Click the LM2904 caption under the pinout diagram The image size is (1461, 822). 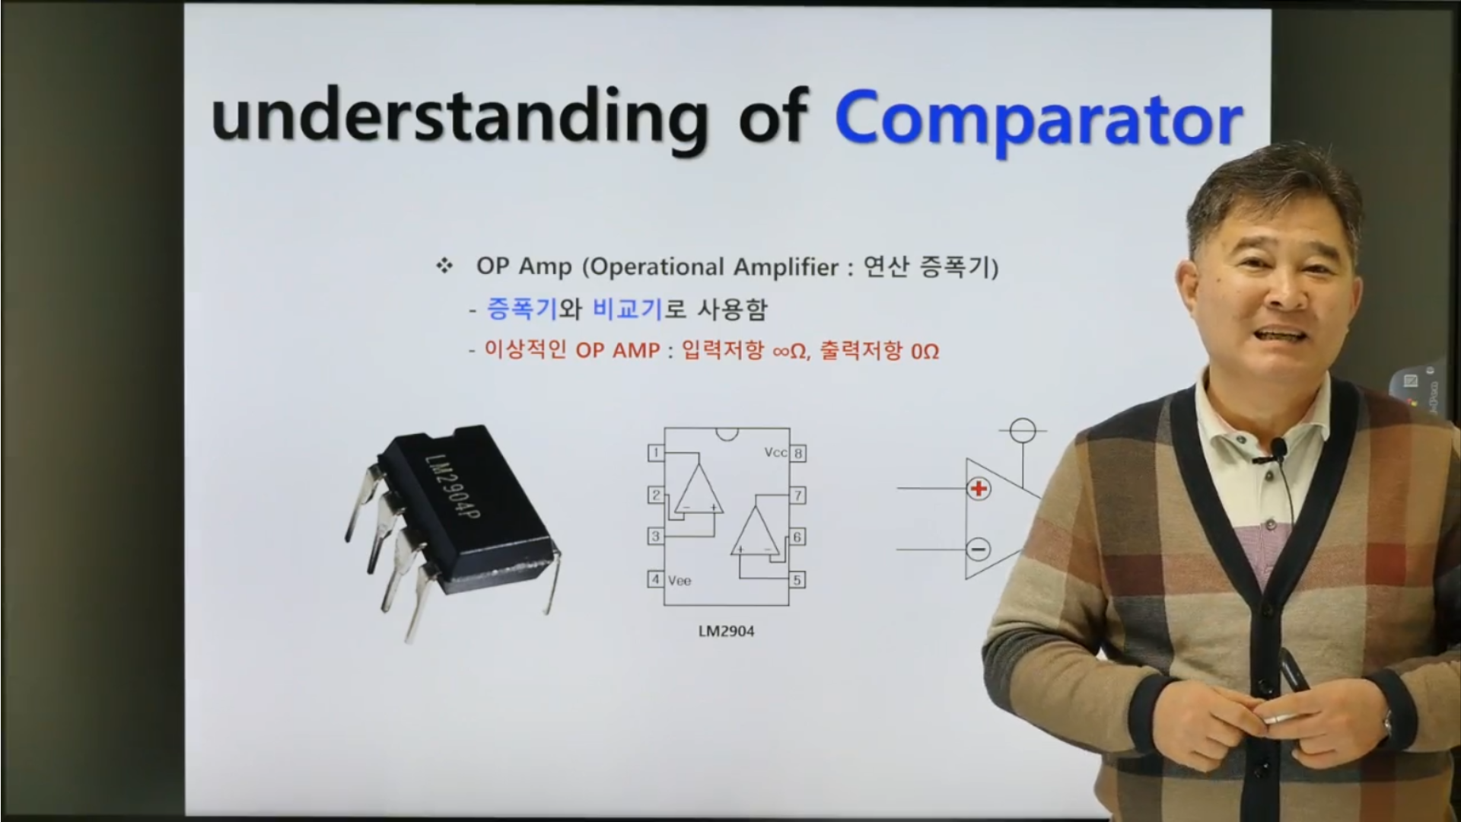726,631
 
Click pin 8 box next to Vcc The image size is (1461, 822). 797,454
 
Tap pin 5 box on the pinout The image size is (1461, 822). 797,580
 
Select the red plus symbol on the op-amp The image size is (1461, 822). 979,489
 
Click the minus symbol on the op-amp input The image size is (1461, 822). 979,549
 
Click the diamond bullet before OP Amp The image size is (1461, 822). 444,266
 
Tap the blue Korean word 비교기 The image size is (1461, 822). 629,309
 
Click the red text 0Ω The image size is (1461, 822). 925,351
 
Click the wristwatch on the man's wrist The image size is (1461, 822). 1387,725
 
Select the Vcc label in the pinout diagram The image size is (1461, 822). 775,453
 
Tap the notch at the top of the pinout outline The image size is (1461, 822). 727,434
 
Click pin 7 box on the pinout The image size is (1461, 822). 797,495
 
